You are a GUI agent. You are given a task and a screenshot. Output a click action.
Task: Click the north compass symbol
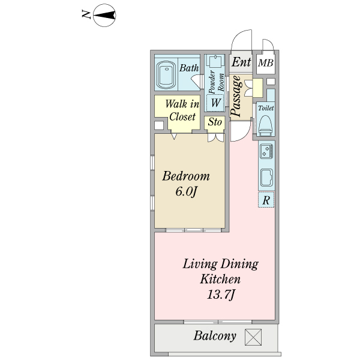click(104, 15)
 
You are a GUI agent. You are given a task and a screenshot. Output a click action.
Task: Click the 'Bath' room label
click(189, 68)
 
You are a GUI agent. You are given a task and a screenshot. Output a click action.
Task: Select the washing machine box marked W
click(215, 103)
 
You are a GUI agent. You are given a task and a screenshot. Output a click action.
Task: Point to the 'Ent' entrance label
click(241, 62)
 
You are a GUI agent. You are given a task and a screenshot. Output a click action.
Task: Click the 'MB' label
click(266, 62)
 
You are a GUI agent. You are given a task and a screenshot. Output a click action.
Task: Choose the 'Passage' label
click(236, 96)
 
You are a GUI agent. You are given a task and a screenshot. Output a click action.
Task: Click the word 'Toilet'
click(266, 108)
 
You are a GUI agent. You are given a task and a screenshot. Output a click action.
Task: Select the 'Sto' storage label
click(215, 122)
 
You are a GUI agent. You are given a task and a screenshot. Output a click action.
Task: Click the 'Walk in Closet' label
click(182, 110)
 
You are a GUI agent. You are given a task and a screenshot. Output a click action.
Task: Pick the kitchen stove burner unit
click(266, 151)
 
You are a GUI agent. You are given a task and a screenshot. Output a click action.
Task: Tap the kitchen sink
click(266, 178)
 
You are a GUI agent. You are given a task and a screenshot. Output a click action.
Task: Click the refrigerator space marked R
click(266, 200)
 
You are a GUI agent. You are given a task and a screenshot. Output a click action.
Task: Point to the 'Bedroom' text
click(186, 176)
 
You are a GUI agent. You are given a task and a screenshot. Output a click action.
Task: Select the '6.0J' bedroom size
click(186, 191)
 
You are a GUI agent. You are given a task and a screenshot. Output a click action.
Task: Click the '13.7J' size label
click(220, 294)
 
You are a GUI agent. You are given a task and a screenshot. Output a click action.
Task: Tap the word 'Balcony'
click(215, 335)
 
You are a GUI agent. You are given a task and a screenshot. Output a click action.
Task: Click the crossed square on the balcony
click(253, 337)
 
